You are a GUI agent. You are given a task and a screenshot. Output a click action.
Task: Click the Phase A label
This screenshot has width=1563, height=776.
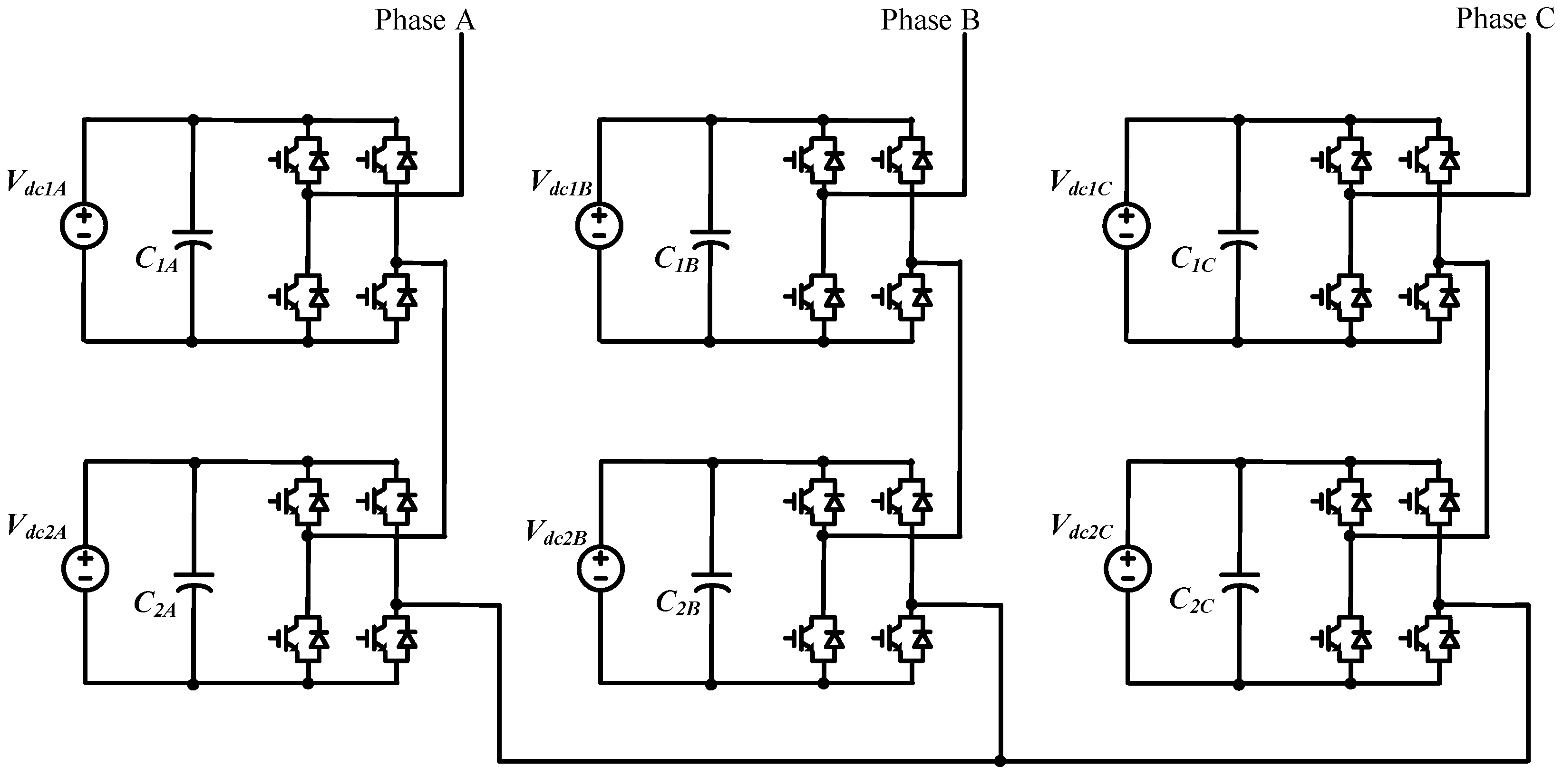coord(425,20)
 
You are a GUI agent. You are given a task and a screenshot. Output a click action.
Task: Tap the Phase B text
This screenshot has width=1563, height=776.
coord(930,20)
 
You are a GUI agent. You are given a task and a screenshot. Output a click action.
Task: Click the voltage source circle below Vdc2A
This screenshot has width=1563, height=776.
coord(85,569)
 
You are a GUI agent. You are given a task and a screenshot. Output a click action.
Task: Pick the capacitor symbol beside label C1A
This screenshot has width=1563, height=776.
coord(192,240)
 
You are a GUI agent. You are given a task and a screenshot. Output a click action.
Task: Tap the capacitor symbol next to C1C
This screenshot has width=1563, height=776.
coord(1238,240)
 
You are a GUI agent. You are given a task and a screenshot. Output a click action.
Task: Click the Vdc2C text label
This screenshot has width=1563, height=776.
coord(1082,527)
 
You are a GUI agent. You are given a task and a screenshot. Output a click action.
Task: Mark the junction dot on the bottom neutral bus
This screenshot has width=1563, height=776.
coord(1000,761)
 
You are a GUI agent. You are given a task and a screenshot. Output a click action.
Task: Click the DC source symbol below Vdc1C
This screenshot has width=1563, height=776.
coord(1126,225)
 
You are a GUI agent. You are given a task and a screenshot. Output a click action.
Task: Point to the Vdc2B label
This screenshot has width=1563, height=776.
coord(556,533)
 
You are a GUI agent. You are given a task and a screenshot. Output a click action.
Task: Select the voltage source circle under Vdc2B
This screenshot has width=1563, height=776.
coord(600,569)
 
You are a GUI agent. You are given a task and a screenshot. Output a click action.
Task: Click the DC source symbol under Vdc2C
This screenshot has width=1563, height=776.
coord(1127,569)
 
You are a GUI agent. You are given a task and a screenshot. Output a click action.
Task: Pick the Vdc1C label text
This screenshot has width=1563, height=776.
coord(1081,184)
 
